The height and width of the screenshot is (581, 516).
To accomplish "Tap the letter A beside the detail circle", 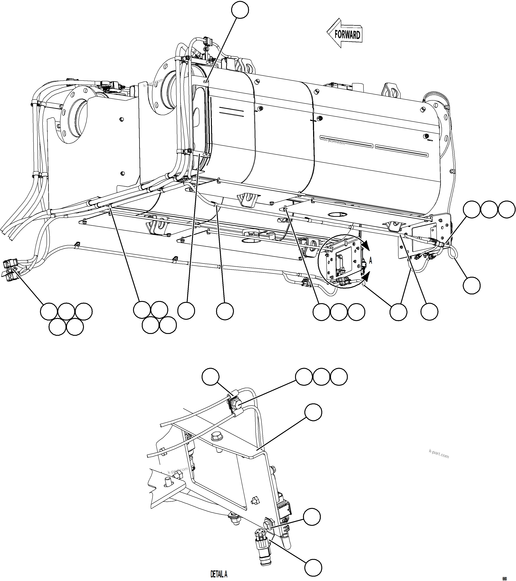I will click(x=370, y=261).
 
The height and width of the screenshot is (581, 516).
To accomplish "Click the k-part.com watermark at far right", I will click(x=439, y=454).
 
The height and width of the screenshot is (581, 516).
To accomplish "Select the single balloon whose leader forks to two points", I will click(x=398, y=312).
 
